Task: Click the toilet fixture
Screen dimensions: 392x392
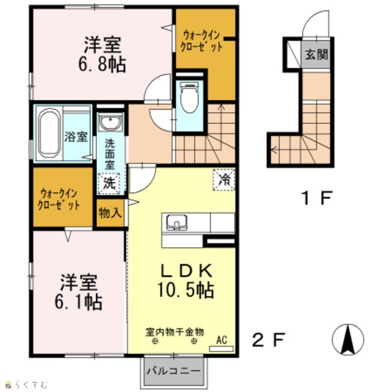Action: [189, 97]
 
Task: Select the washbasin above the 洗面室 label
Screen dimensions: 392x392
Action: [110, 122]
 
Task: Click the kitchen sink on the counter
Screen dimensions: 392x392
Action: [177, 222]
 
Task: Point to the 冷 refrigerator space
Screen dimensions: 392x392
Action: [224, 179]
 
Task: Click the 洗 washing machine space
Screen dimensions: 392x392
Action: [109, 183]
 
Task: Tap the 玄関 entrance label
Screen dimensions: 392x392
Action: [317, 54]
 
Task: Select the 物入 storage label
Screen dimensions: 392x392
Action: [110, 213]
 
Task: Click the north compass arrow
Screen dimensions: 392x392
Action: [348, 339]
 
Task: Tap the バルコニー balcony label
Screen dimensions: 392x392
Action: [173, 371]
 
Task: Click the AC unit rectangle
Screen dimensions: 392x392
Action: [221, 349]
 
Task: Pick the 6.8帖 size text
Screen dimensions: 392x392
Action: [102, 64]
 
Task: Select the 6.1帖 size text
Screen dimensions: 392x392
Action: [78, 302]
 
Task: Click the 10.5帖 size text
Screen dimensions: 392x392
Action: [186, 290]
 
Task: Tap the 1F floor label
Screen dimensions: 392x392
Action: [317, 197]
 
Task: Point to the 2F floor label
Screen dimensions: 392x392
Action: [269, 339]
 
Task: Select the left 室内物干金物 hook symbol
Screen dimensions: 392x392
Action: [155, 341]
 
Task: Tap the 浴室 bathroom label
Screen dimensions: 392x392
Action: [76, 137]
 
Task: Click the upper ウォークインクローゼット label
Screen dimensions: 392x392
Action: [202, 41]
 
